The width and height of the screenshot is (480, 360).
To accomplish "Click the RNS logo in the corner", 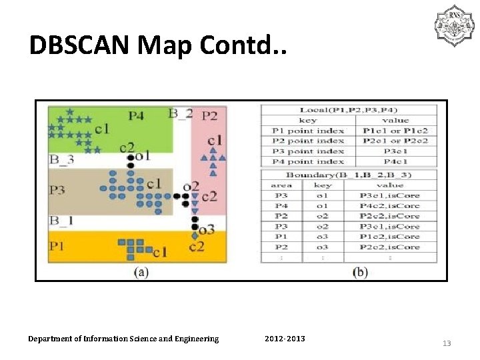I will tap(453, 26).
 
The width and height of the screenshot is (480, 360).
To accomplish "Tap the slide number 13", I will tap(447, 343).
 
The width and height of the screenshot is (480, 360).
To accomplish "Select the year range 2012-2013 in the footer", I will tap(285, 339).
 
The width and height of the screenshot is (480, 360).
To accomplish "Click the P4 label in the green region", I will tap(136, 115).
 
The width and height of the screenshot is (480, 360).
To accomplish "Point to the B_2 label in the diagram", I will tap(180, 113).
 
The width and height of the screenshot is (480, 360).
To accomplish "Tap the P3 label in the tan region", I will tap(57, 190).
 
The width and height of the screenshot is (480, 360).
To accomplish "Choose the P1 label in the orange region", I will tap(57, 246).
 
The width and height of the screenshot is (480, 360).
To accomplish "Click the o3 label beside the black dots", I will tap(207, 230).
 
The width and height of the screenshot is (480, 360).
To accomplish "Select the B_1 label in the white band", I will tap(61, 220).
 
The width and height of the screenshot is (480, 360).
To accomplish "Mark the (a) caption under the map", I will tap(141, 271).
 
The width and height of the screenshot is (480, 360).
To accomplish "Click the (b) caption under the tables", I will tap(359, 272).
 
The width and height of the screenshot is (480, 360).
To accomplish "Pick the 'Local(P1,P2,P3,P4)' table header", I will tap(349, 110).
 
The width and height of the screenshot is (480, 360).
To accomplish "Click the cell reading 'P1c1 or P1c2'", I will tap(395, 131).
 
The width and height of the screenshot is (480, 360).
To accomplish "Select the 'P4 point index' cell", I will tap(308, 162).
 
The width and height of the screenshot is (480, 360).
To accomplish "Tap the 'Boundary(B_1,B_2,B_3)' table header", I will tap(349, 174).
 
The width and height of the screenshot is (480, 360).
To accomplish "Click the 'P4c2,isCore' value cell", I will tap(390, 205).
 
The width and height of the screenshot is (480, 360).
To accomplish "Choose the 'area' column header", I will tap(281, 185).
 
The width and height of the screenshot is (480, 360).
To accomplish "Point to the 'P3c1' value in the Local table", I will tap(395, 151).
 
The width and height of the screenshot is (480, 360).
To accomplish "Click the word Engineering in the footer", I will tap(195, 339).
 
